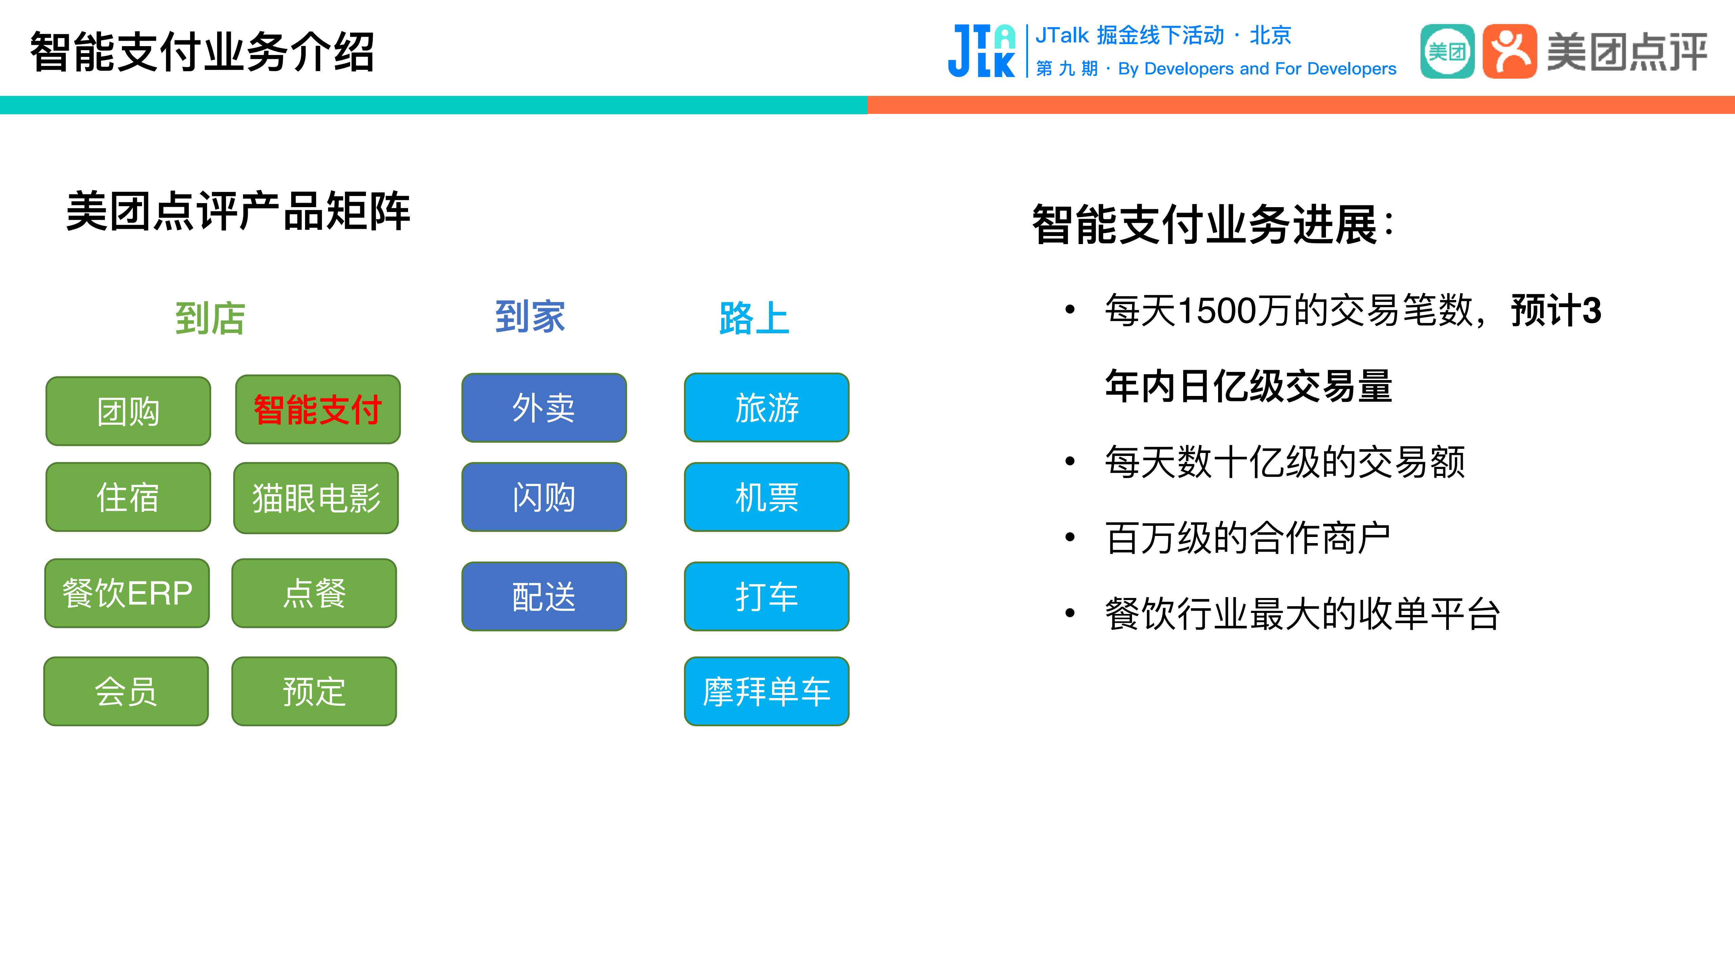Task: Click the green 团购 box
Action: click(x=128, y=411)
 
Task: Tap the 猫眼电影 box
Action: click(x=316, y=498)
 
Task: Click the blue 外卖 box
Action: click(x=544, y=407)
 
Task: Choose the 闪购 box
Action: click(x=544, y=497)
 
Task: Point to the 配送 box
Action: click(x=544, y=596)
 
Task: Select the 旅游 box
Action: click(x=766, y=407)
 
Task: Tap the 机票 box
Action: click(x=766, y=497)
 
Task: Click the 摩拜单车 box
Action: click(x=766, y=691)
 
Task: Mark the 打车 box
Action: click(x=766, y=596)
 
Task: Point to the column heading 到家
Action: click(x=530, y=317)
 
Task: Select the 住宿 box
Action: click(x=128, y=497)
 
